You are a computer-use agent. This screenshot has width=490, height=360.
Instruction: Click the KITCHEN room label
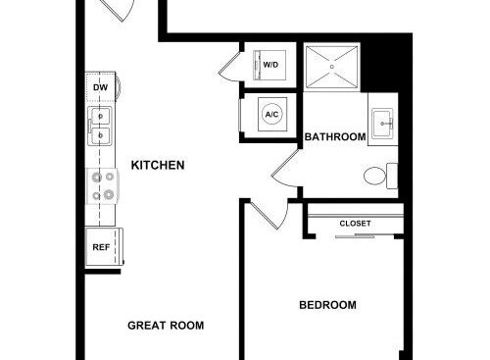click(158, 165)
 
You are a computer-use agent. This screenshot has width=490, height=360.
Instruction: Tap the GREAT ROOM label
click(166, 326)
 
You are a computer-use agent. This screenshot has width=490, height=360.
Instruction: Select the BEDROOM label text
click(327, 305)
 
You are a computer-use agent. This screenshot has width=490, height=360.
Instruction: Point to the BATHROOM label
click(335, 136)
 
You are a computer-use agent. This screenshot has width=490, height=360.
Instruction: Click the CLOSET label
click(355, 224)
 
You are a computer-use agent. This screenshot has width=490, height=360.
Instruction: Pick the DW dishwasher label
click(100, 87)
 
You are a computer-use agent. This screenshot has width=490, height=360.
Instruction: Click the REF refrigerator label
click(101, 247)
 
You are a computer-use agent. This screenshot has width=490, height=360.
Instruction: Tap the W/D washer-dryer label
click(270, 65)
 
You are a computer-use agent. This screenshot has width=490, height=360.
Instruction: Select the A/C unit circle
click(272, 115)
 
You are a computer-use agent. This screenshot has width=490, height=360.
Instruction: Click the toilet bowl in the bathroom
click(374, 176)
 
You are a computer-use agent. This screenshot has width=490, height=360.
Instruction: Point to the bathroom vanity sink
click(382, 124)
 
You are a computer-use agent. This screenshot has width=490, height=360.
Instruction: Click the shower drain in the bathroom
click(332, 67)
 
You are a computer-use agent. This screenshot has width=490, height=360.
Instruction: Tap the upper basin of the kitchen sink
click(101, 116)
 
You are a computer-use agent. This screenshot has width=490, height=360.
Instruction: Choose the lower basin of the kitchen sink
click(101, 135)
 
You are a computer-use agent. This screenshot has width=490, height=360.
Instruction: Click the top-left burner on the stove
click(96, 178)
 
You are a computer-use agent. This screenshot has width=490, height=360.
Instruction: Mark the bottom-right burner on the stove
click(109, 195)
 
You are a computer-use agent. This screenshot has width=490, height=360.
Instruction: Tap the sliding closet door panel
click(355, 235)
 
